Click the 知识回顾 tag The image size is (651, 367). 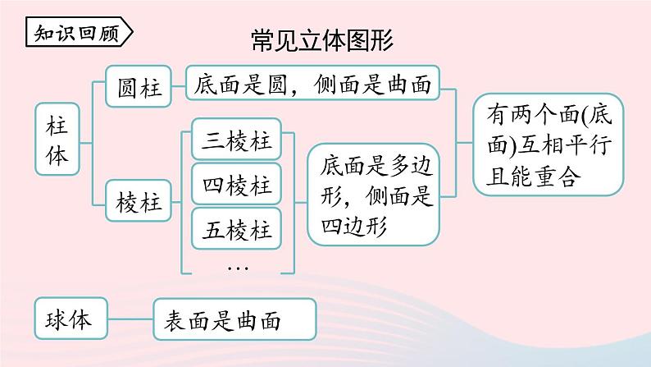[79, 31]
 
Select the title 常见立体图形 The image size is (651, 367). [322, 40]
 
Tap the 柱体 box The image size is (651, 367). [57, 139]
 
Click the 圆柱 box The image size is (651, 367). [139, 86]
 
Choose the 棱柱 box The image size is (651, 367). [139, 201]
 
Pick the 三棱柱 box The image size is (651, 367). [236, 140]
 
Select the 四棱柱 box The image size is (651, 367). [236, 184]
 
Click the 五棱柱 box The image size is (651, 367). [236, 228]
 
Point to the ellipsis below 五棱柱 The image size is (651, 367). [238, 268]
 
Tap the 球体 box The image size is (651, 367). [71, 319]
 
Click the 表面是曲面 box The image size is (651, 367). [234, 319]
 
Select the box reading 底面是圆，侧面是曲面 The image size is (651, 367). [312, 83]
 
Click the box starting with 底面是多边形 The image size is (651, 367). [374, 195]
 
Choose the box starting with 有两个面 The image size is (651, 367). [549, 145]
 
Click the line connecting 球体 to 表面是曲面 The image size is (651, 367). [130, 319]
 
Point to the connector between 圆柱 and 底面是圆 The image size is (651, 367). [179, 86]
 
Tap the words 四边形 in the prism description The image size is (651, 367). [354, 227]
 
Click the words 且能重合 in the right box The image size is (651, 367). [533, 177]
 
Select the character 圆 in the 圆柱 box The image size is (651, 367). [126, 87]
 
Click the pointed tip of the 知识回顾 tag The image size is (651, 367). [133, 31]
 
